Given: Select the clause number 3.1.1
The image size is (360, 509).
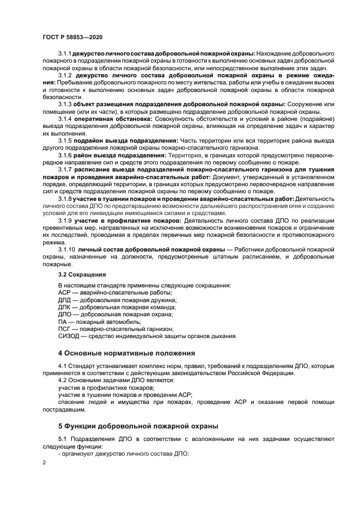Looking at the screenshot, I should coord(65,53).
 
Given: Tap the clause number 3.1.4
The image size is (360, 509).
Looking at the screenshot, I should coord(65,118).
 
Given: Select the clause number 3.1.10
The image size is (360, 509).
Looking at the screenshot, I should coord(66,249).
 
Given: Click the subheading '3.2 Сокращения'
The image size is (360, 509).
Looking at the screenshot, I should coord(82,274).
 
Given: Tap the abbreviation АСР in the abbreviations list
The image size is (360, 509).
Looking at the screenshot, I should coord(64,293).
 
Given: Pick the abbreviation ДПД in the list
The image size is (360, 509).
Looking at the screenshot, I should coord(64,300).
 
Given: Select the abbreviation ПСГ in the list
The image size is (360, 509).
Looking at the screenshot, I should coord(64,329).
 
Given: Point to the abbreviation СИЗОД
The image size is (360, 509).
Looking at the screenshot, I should coord(68,336).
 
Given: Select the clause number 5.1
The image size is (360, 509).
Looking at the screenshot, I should coord(63,438).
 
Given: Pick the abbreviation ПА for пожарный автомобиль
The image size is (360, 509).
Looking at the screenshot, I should coord(62,322).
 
